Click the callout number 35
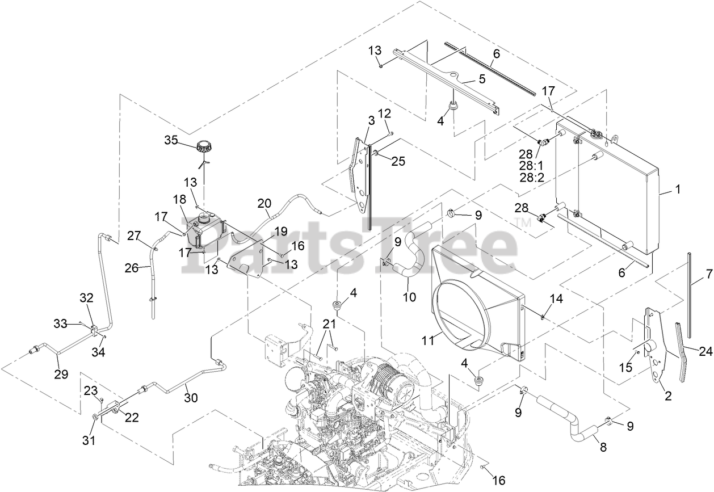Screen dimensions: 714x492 171,140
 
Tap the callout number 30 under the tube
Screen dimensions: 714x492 191,398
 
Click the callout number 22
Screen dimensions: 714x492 132,418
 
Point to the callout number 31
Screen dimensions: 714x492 90,440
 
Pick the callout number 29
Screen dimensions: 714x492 61,374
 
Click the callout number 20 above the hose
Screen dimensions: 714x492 264,204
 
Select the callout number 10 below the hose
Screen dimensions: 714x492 409,297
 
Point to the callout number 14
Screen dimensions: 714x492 556,298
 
